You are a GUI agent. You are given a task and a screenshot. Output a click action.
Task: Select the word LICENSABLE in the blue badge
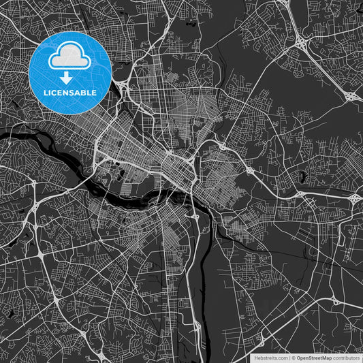click(71, 92)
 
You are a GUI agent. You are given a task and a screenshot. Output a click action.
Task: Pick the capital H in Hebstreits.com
click(256, 358)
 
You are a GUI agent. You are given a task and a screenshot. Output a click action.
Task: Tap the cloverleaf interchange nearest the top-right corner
click(300, 43)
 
